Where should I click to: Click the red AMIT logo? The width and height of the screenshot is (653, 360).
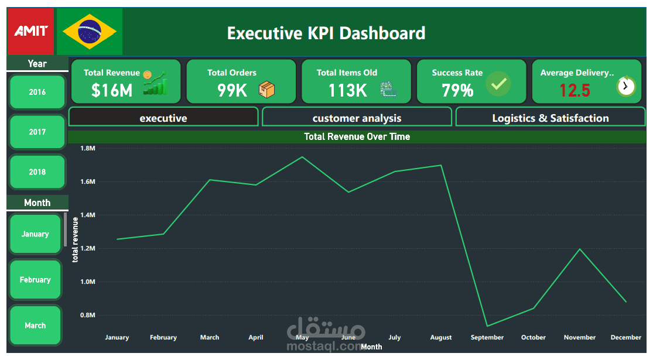30,31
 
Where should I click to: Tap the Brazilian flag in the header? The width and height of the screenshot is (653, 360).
89,31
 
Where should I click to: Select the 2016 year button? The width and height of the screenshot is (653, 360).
37,92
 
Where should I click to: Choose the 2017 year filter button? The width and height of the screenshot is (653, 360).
37,132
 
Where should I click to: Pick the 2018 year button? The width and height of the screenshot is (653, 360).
37,172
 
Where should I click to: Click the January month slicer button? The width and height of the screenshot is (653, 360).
35,234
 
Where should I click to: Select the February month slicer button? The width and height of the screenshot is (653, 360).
35,280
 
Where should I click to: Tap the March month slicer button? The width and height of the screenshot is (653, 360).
35,325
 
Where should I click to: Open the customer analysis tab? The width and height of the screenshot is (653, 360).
357,118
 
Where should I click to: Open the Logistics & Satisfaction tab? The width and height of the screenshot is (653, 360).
550,118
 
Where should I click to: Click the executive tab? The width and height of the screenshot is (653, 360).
163,118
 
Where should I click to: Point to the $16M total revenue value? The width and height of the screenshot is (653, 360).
112,90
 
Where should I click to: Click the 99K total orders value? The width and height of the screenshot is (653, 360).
232,90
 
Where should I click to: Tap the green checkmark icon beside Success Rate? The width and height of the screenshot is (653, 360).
498,84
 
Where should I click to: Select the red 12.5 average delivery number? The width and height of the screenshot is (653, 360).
575,90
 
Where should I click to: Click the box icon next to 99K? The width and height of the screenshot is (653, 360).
267,90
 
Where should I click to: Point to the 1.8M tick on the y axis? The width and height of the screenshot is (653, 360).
87,149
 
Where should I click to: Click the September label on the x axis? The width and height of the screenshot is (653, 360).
487,338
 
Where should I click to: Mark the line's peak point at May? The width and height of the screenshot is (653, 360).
302,157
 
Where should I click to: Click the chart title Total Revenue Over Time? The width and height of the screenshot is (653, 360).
357,136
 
